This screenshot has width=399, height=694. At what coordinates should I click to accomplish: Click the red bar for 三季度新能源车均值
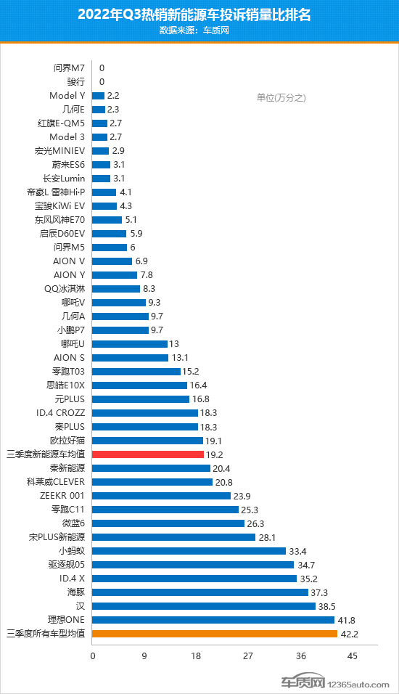pyautogui.click(x=148, y=454)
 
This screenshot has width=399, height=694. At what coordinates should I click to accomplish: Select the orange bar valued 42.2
pyautogui.click(x=215, y=633)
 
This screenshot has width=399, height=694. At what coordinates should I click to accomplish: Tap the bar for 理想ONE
pyautogui.click(x=213, y=619)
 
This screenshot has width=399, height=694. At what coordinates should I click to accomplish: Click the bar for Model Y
pyautogui.click(x=99, y=95)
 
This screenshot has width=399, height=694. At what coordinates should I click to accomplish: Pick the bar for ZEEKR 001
pyautogui.click(x=161, y=495)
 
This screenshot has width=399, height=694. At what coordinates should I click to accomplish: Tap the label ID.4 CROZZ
pyautogui.click(x=58, y=412)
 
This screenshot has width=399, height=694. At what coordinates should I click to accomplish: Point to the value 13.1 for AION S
pyautogui.click(x=181, y=357)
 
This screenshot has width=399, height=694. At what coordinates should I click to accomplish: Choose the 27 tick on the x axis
pyautogui.click(x=248, y=656)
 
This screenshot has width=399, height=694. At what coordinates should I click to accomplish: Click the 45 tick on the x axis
pyautogui.click(x=352, y=656)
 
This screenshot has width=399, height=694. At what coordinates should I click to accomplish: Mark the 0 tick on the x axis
pyautogui.click(x=93, y=656)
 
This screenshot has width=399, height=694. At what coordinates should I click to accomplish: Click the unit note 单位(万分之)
pyautogui.click(x=281, y=98)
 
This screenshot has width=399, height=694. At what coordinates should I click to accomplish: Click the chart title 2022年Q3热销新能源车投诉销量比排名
pyautogui.click(x=199, y=15)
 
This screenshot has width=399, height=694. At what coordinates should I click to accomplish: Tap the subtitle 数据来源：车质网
pyautogui.click(x=199, y=30)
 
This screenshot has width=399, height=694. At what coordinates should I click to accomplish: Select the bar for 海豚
pyautogui.click(x=200, y=592)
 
